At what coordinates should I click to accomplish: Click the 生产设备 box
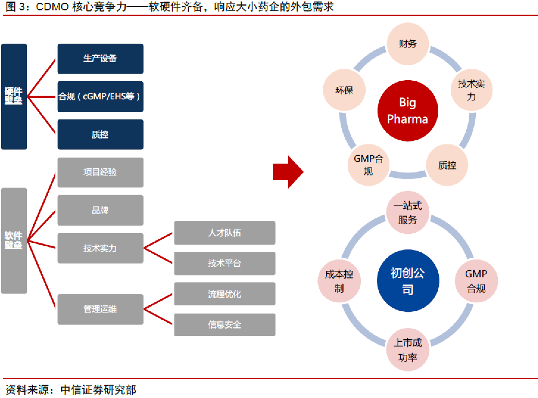(100, 59)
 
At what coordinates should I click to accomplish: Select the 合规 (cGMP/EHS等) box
(100, 97)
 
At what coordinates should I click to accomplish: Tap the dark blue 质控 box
(100, 134)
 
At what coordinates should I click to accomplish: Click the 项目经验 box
(100, 172)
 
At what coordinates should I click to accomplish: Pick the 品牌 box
(100, 210)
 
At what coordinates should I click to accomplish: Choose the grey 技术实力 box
(100, 248)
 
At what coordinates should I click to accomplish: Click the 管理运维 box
(100, 309)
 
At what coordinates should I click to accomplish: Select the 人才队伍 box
(224, 233)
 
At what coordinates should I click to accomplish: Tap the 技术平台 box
(224, 263)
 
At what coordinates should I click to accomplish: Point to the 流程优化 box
(224, 294)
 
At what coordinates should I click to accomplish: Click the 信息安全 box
(224, 324)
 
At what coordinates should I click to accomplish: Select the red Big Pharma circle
(408, 111)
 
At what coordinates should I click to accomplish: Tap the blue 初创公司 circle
(408, 281)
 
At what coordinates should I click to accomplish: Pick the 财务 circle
(408, 44)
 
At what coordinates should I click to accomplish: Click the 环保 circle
(344, 90)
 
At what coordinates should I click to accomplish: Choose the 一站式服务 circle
(408, 213)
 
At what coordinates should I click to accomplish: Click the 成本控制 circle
(339, 281)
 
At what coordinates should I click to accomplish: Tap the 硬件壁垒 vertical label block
(14, 97)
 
